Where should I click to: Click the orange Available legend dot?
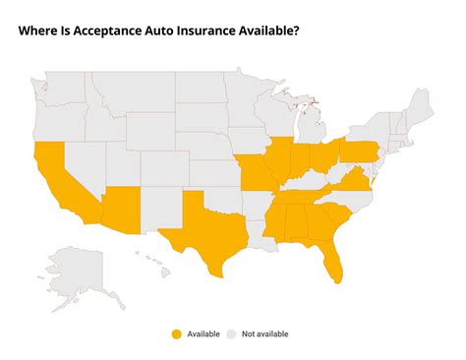pyautogui.click(x=177, y=333)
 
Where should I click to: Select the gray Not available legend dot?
pyautogui.click(x=232, y=333)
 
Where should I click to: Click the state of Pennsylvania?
pyautogui.click(x=359, y=150)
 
